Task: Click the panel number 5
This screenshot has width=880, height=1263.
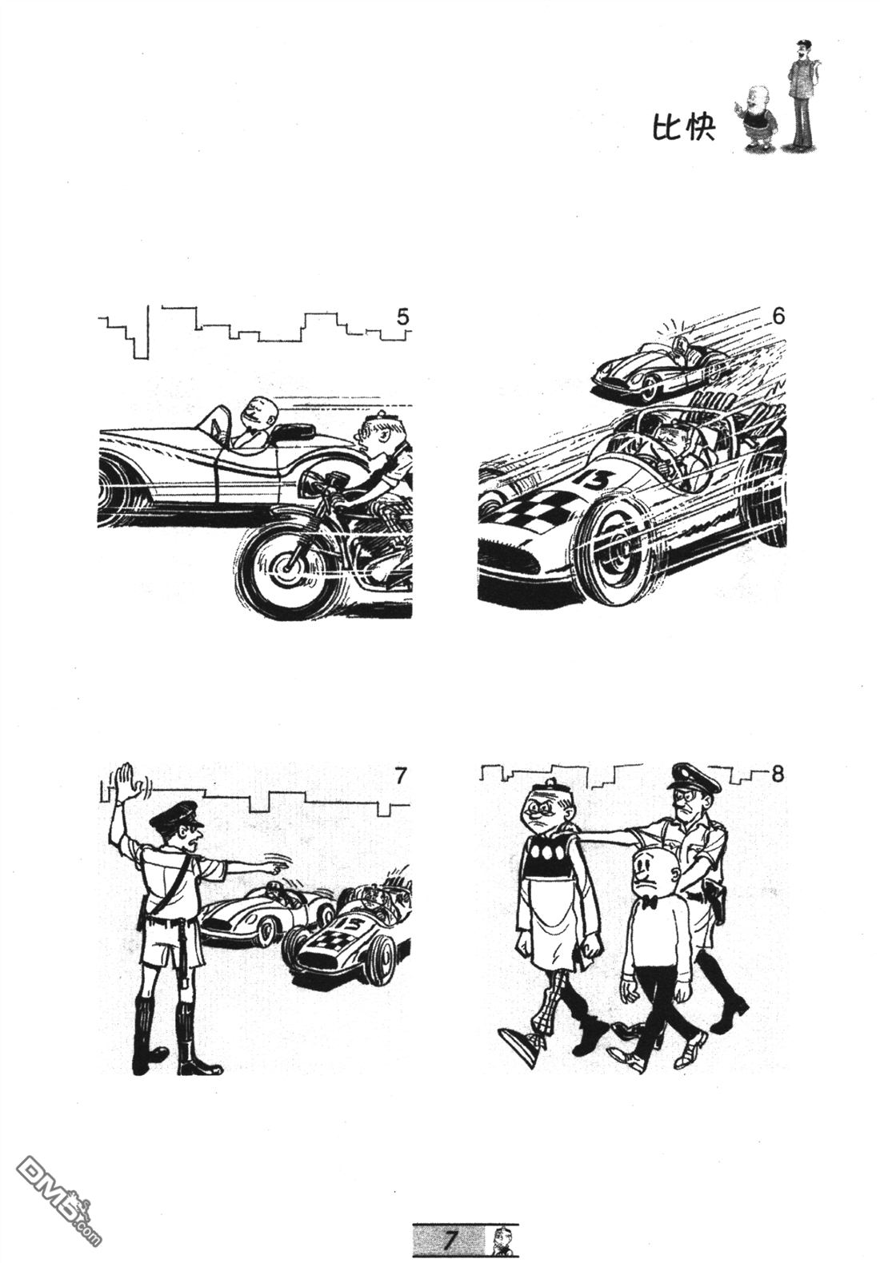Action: [x=402, y=317]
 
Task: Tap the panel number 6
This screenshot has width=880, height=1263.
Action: [x=778, y=317]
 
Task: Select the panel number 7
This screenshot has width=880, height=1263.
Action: [x=400, y=776]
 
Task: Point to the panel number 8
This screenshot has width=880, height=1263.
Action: [x=778, y=774]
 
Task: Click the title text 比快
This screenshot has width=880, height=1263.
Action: [x=683, y=128]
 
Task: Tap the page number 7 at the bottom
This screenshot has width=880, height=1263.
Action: [x=450, y=1240]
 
